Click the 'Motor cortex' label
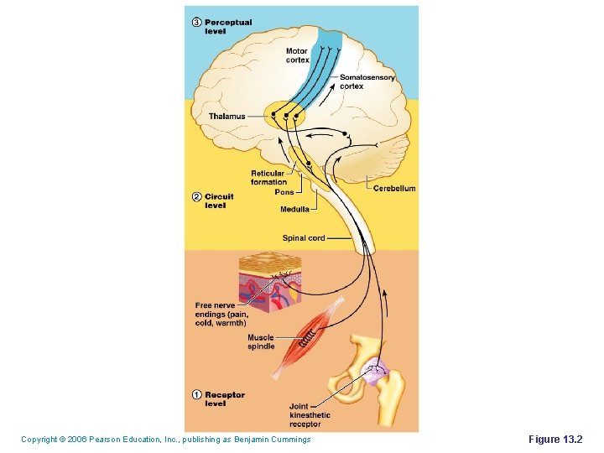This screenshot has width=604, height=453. (x=297, y=55)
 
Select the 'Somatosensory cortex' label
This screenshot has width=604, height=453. (x=367, y=81)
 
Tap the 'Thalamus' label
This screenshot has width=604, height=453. (x=226, y=117)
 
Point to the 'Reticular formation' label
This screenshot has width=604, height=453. (x=268, y=177)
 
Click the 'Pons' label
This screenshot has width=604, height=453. (x=284, y=192)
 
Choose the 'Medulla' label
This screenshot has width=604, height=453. (x=294, y=209)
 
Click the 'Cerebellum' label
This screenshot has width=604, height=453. (x=393, y=189)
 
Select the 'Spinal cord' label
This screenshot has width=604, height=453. (x=303, y=238)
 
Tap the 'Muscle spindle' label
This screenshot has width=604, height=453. (x=260, y=341)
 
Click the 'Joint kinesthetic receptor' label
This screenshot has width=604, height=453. (x=310, y=415)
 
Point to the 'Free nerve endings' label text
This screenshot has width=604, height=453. (x=221, y=314)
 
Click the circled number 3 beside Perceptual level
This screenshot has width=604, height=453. (x=196, y=23)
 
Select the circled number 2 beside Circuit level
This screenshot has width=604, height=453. (x=196, y=197)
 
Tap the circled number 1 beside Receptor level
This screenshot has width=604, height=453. (x=196, y=395)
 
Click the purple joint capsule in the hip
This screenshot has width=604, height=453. (x=373, y=369)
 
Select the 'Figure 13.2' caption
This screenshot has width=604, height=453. (x=560, y=440)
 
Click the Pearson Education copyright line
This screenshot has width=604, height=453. (x=165, y=440)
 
